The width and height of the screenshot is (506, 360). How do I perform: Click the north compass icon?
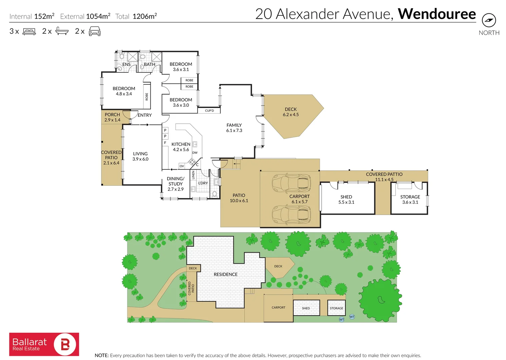click(x=489, y=20)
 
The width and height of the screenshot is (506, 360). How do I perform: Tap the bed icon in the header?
click(x=29, y=31)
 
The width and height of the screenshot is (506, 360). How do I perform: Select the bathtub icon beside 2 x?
click(x=62, y=31)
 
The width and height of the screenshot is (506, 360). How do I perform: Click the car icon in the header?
click(x=94, y=31)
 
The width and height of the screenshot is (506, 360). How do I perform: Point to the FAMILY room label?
click(x=234, y=128)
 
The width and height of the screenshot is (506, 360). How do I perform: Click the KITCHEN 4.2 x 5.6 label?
click(x=181, y=147)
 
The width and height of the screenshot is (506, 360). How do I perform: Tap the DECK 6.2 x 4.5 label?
click(x=291, y=112)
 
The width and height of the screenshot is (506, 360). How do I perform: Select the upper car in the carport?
click(x=291, y=183)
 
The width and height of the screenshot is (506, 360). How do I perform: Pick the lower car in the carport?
click(x=291, y=214)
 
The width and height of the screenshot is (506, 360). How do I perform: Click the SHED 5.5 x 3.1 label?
click(x=346, y=199)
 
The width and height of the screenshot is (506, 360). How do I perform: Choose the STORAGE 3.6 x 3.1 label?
click(x=410, y=199)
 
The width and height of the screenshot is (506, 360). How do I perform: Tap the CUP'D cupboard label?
click(x=209, y=111)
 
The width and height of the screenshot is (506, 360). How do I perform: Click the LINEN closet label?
click(x=193, y=175)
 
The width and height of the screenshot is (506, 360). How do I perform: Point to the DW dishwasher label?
click(x=195, y=153)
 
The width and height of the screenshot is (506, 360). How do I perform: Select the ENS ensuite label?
click(x=126, y=64)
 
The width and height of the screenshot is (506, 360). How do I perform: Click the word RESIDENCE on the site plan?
click(x=225, y=274)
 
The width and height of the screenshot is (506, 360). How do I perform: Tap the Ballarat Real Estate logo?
click(x=44, y=344)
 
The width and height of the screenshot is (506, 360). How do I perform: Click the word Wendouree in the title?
click(x=437, y=14)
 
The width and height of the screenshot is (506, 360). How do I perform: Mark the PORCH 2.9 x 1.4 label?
click(x=112, y=117)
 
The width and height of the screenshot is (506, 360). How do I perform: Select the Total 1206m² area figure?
click(x=136, y=16)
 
